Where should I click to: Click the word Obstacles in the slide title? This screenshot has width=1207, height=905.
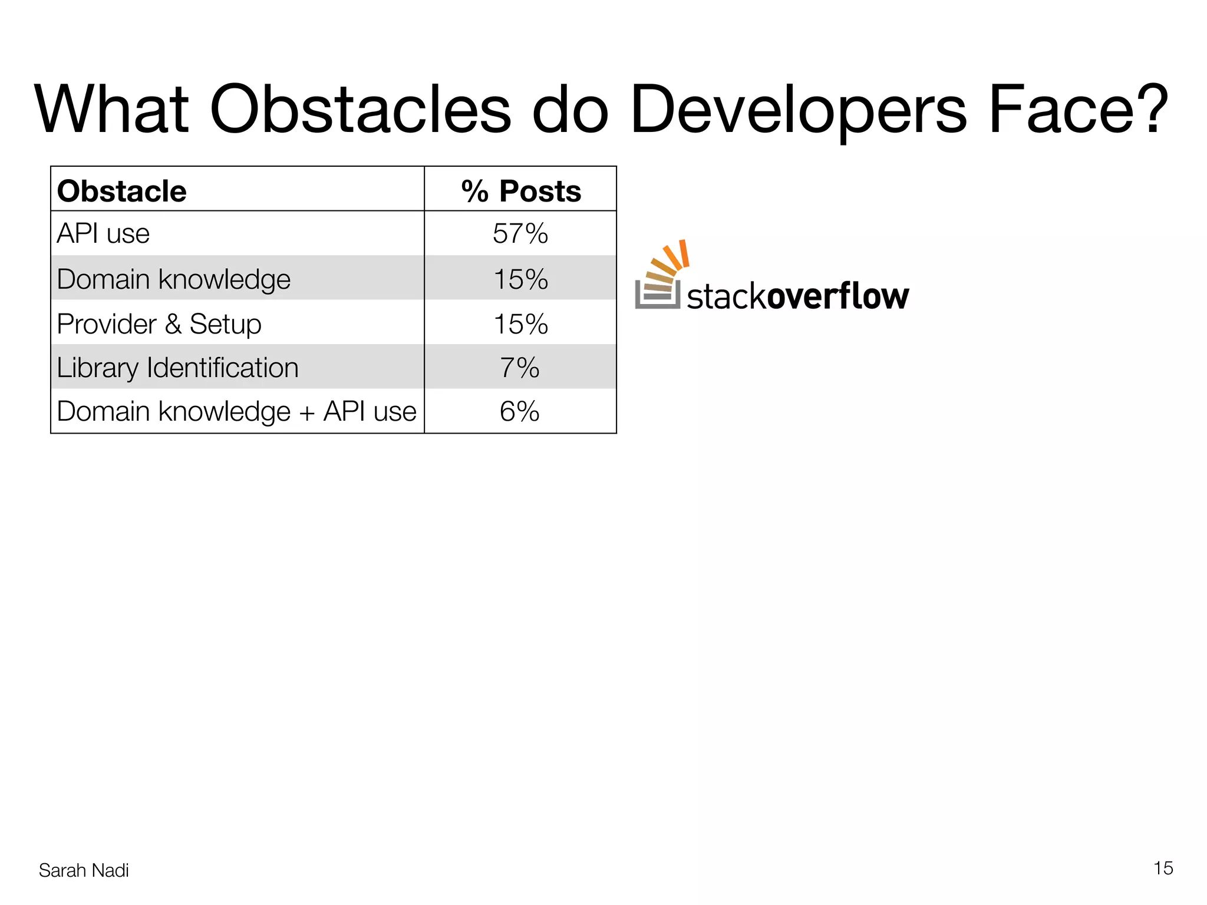coord(360,110)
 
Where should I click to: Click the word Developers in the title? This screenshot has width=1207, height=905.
coord(798,110)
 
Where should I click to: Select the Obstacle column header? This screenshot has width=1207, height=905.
coord(122,191)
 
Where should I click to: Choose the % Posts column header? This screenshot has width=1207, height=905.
coord(521,191)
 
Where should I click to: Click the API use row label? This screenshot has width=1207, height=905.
coord(103,234)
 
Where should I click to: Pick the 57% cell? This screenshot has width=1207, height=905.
coord(520,234)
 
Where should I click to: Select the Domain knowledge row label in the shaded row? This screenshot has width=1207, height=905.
coord(174,279)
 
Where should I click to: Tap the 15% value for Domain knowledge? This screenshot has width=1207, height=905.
coord(520,279)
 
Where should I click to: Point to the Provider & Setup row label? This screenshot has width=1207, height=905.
coord(159,324)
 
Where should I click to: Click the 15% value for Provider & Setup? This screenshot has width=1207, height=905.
coord(520,324)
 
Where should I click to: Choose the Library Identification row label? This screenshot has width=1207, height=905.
coord(178,368)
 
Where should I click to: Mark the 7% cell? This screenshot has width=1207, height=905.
coord(520,368)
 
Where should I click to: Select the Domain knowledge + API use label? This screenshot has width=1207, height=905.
coord(236,411)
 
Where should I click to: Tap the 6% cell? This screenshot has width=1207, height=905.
coord(520,411)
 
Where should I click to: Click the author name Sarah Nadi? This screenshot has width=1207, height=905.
coord(84,870)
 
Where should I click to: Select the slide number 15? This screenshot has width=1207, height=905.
coord(1163,868)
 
